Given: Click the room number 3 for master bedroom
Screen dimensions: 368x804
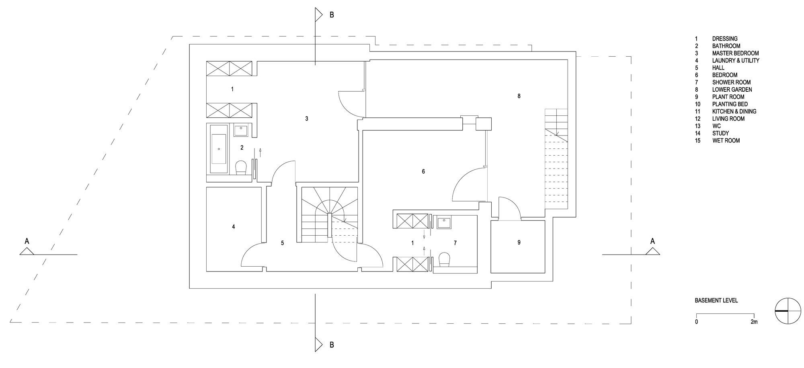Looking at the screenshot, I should [307, 119].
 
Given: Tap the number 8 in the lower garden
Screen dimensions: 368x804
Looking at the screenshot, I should [519, 96].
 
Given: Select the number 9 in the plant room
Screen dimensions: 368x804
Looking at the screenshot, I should [519, 243].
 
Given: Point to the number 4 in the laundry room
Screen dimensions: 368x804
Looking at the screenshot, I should [234, 227].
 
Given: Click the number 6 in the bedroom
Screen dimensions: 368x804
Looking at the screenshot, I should [423, 172].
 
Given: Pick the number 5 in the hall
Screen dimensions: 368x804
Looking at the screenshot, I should [283, 243].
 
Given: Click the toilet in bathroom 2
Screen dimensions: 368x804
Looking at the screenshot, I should [240, 167].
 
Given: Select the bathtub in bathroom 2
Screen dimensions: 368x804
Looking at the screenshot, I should [219, 149].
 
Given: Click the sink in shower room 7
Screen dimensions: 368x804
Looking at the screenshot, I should [444, 222].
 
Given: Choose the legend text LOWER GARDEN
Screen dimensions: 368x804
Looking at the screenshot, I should [732, 90].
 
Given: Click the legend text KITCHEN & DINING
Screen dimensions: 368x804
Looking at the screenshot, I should [734, 111].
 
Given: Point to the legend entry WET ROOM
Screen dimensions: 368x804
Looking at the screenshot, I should [726, 141].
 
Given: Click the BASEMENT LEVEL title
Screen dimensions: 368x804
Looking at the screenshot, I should [716, 300].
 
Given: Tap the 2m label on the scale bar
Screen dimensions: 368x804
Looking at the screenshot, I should [754, 322].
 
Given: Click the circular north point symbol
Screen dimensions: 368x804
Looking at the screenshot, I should [787, 311].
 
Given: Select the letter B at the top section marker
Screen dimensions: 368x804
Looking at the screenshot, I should [332, 15].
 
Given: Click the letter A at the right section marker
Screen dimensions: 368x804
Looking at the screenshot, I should [652, 241].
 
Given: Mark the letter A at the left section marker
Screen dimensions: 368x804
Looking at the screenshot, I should [27, 241].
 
